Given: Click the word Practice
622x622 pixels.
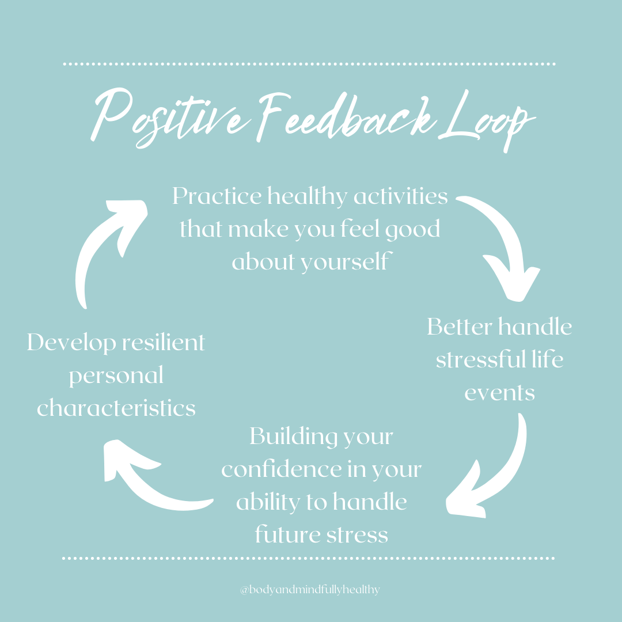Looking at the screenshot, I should coord(216,197).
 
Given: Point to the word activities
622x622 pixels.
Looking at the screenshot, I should coord(401,196).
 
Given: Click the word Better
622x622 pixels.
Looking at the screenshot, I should coord(459,327).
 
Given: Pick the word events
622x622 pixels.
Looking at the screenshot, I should coord(499,393).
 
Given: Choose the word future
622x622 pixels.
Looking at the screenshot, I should coord(282,535).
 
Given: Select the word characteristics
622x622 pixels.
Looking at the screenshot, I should coord(116,408).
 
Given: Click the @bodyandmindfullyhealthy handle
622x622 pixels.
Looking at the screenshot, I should coord(310,590).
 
